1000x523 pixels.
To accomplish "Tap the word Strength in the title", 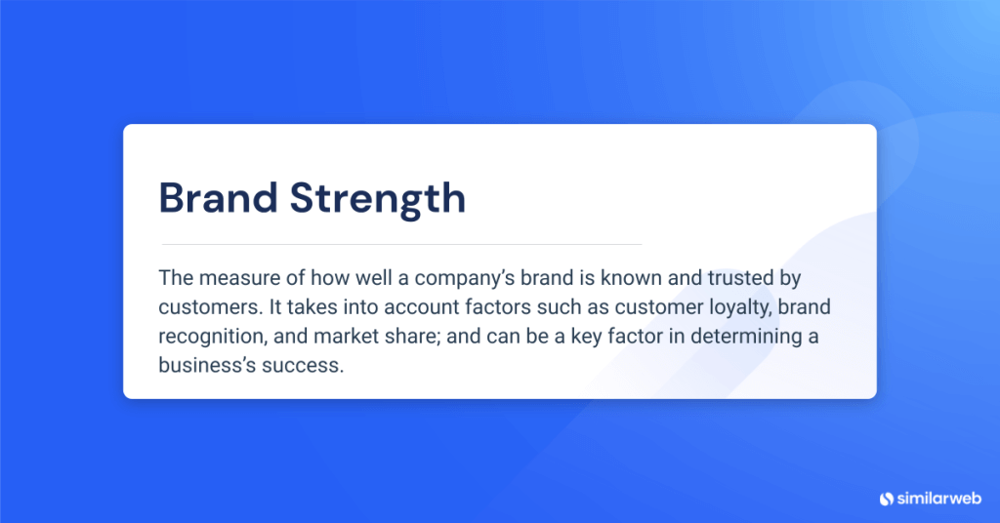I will (378, 198).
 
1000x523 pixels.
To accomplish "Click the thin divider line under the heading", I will (400, 244).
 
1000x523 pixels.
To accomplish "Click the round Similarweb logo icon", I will (886, 499).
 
